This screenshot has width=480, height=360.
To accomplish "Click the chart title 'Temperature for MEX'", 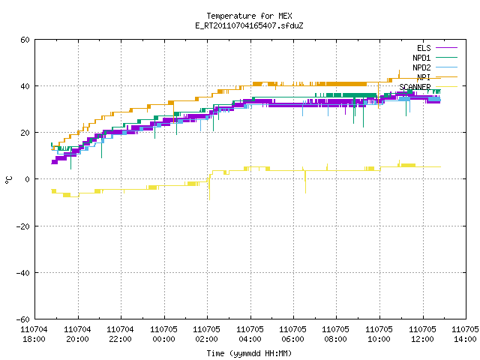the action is point(249,16).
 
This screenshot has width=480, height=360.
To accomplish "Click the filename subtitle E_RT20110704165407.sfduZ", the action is point(249,25).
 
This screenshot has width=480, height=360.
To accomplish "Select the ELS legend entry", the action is point(437,48).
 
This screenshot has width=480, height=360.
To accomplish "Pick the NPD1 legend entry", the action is point(435,58).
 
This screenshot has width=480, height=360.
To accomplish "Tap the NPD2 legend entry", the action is point(435,67).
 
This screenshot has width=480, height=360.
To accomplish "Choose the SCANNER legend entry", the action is point(428,87).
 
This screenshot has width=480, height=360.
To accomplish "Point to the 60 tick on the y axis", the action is point(25,40).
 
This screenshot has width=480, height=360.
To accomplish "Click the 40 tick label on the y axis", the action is point(25,86).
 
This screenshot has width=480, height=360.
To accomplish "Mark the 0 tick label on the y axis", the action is point(27,179).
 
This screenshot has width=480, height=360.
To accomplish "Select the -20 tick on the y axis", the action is point(23,226).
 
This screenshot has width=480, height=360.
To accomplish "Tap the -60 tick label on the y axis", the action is point(23,319).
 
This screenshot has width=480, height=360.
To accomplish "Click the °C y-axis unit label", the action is point(8,180).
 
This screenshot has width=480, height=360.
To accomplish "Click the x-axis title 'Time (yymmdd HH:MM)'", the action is point(249,353).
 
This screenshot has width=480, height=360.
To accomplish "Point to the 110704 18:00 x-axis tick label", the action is point(34,334).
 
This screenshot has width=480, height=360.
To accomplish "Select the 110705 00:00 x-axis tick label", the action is point(163,334).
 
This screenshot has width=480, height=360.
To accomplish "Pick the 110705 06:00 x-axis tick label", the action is point(293,334).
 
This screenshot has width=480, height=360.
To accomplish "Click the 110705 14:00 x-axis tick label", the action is point(465,334).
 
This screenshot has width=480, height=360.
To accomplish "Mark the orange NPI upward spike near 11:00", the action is point(399,74).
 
